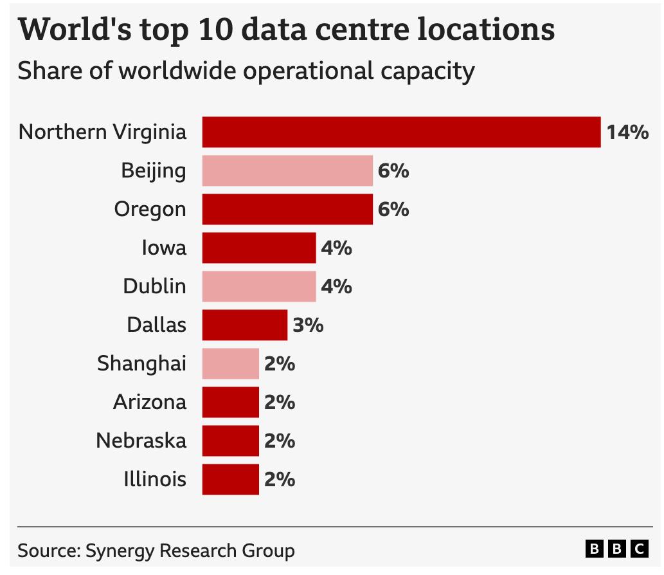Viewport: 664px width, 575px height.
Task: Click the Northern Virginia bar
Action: coord(401,132)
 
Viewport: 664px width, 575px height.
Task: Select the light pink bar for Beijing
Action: coord(287,170)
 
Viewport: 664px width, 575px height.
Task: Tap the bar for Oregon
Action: coord(287,209)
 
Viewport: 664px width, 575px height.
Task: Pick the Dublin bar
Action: coord(259,286)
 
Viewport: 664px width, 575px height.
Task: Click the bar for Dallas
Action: coord(244,325)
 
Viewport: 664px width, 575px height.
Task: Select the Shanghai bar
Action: coord(230,363)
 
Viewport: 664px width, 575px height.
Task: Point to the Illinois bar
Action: coord(230,479)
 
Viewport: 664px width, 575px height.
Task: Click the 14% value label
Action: coord(627,132)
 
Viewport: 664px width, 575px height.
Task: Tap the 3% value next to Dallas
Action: coord(308,325)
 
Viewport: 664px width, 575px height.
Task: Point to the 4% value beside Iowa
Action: coord(336,248)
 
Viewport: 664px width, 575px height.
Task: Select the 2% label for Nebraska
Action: coord(280,441)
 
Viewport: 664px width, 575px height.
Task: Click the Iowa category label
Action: coord(164,248)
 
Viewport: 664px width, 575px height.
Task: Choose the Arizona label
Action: coord(150,402)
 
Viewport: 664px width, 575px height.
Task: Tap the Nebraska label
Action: coord(141,441)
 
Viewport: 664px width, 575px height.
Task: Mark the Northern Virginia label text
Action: coord(103,132)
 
